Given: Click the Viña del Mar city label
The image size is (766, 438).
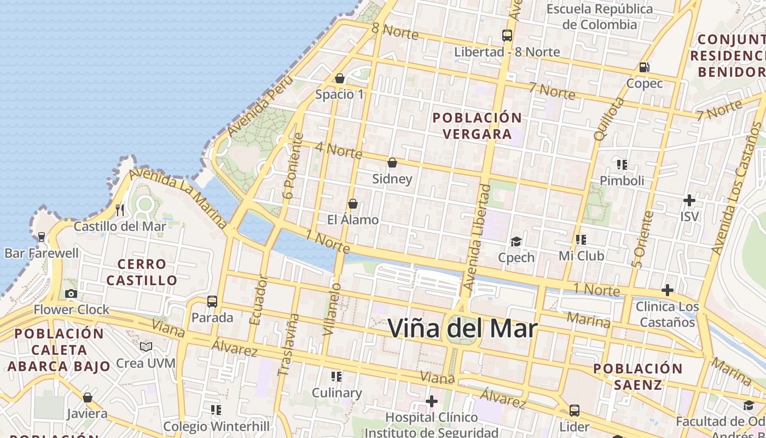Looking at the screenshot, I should click(x=462, y=328).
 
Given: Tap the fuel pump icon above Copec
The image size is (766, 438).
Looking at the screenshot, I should click(x=645, y=67).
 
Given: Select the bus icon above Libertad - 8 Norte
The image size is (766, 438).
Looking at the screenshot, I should click(x=507, y=36).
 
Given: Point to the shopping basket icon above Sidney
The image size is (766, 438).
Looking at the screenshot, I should click(x=392, y=163).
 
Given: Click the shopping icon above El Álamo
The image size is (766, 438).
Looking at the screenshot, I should click(x=353, y=204).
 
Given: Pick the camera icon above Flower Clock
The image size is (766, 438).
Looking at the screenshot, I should click(x=71, y=293).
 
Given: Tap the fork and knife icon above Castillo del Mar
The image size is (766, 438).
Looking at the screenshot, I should click(x=120, y=210).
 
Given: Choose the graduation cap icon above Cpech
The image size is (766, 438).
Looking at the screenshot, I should click(x=516, y=241).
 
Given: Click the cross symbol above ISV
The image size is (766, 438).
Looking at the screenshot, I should click(x=689, y=200).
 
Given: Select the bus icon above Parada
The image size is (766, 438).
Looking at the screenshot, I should click(x=212, y=301).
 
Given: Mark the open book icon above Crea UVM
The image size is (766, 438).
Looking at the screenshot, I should click(x=146, y=347).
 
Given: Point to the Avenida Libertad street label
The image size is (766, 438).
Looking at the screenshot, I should click(x=477, y=237).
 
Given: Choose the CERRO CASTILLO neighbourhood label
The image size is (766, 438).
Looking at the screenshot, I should click(x=142, y=272).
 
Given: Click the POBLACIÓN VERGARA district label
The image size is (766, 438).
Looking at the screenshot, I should click(x=477, y=126).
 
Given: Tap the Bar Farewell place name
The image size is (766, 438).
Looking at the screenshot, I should click(x=42, y=253).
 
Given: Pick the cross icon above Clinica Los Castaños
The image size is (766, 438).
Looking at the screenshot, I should click(x=667, y=290).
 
